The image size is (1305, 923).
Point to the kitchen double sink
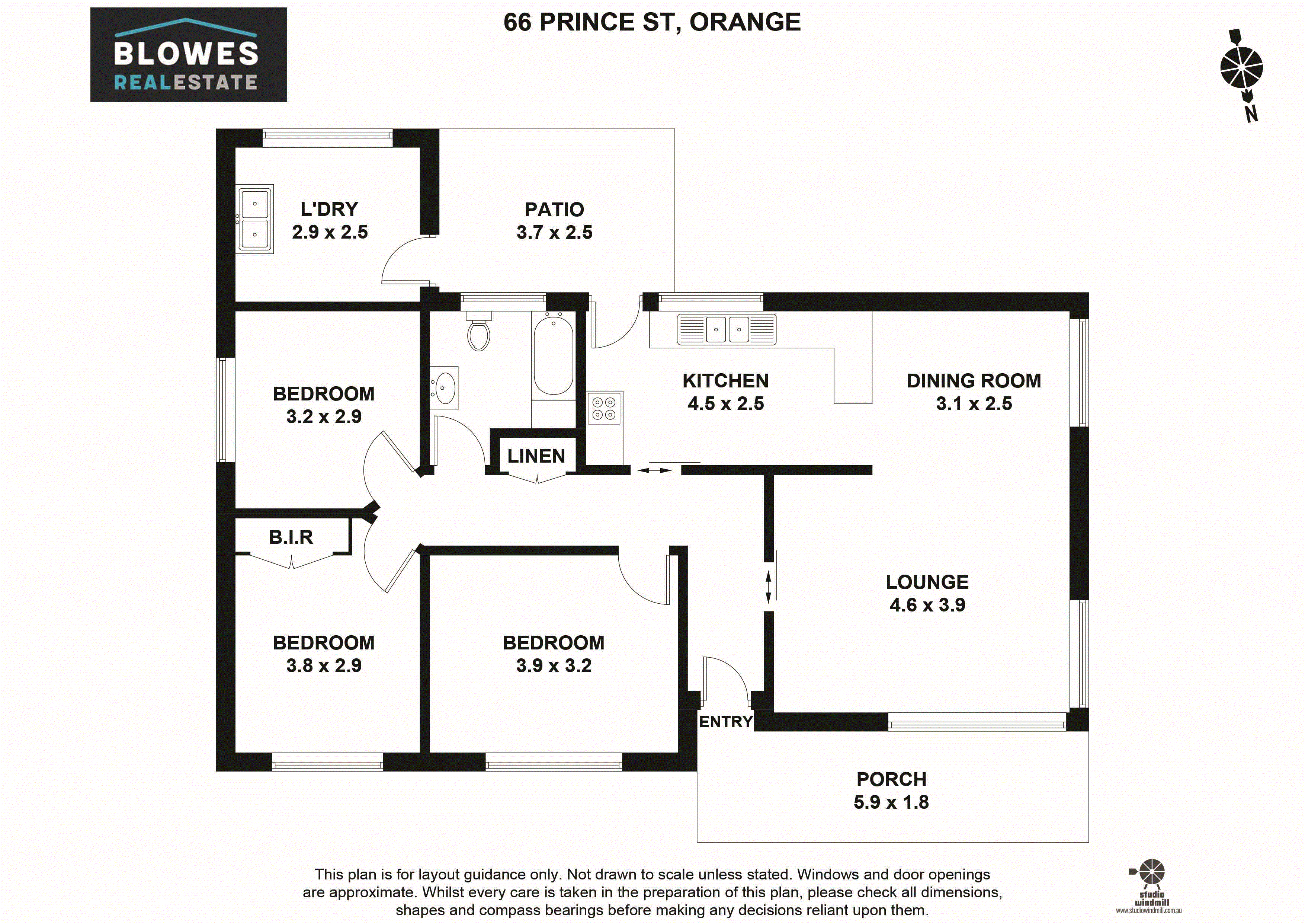tap(727, 330)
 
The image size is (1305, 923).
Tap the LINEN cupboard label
tap(536, 456)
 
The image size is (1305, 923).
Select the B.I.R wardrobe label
tap(291, 537)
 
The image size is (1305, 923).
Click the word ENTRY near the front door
tap(726, 722)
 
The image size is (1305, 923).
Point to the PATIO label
tap(554, 209)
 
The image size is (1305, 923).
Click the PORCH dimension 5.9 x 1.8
tap(891, 802)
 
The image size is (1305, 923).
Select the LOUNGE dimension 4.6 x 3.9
tap(927, 604)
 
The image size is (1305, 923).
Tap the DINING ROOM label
tap(974, 380)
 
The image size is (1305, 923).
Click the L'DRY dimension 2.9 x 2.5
tap(330, 232)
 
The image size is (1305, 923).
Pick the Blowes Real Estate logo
tap(189, 55)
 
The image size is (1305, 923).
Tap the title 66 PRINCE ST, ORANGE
tap(652, 22)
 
